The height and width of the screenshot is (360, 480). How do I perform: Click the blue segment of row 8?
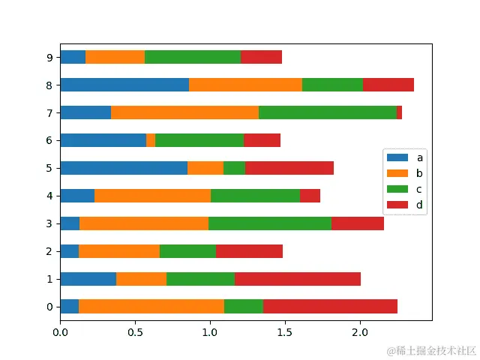pyautogui.click(x=124, y=85)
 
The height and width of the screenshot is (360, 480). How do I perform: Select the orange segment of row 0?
pyautogui.click(x=151, y=306)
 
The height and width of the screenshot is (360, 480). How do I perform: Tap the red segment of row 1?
pyautogui.click(x=298, y=279)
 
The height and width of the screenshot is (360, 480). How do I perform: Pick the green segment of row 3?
pyautogui.click(x=270, y=223)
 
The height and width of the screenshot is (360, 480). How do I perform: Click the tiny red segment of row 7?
pyautogui.click(x=400, y=112)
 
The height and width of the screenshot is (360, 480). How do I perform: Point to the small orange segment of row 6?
pyautogui.click(x=151, y=140)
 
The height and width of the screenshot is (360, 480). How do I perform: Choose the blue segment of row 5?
pyautogui.click(x=124, y=168)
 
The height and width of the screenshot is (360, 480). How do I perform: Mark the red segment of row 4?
pyautogui.click(x=310, y=196)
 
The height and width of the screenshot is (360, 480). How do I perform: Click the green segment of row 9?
pyautogui.click(x=193, y=57)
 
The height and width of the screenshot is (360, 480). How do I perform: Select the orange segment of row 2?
pyautogui.click(x=119, y=251)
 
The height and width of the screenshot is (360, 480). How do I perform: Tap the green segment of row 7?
pyautogui.click(x=328, y=112)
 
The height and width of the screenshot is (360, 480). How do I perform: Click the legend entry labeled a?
pyautogui.click(x=405, y=157)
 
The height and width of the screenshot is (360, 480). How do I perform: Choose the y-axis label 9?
pyautogui.click(x=49, y=57)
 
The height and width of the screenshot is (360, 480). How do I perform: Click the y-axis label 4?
pyautogui.click(x=49, y=196)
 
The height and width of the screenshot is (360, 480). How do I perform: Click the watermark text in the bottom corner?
pyautogui.click(x=431, y=350)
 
